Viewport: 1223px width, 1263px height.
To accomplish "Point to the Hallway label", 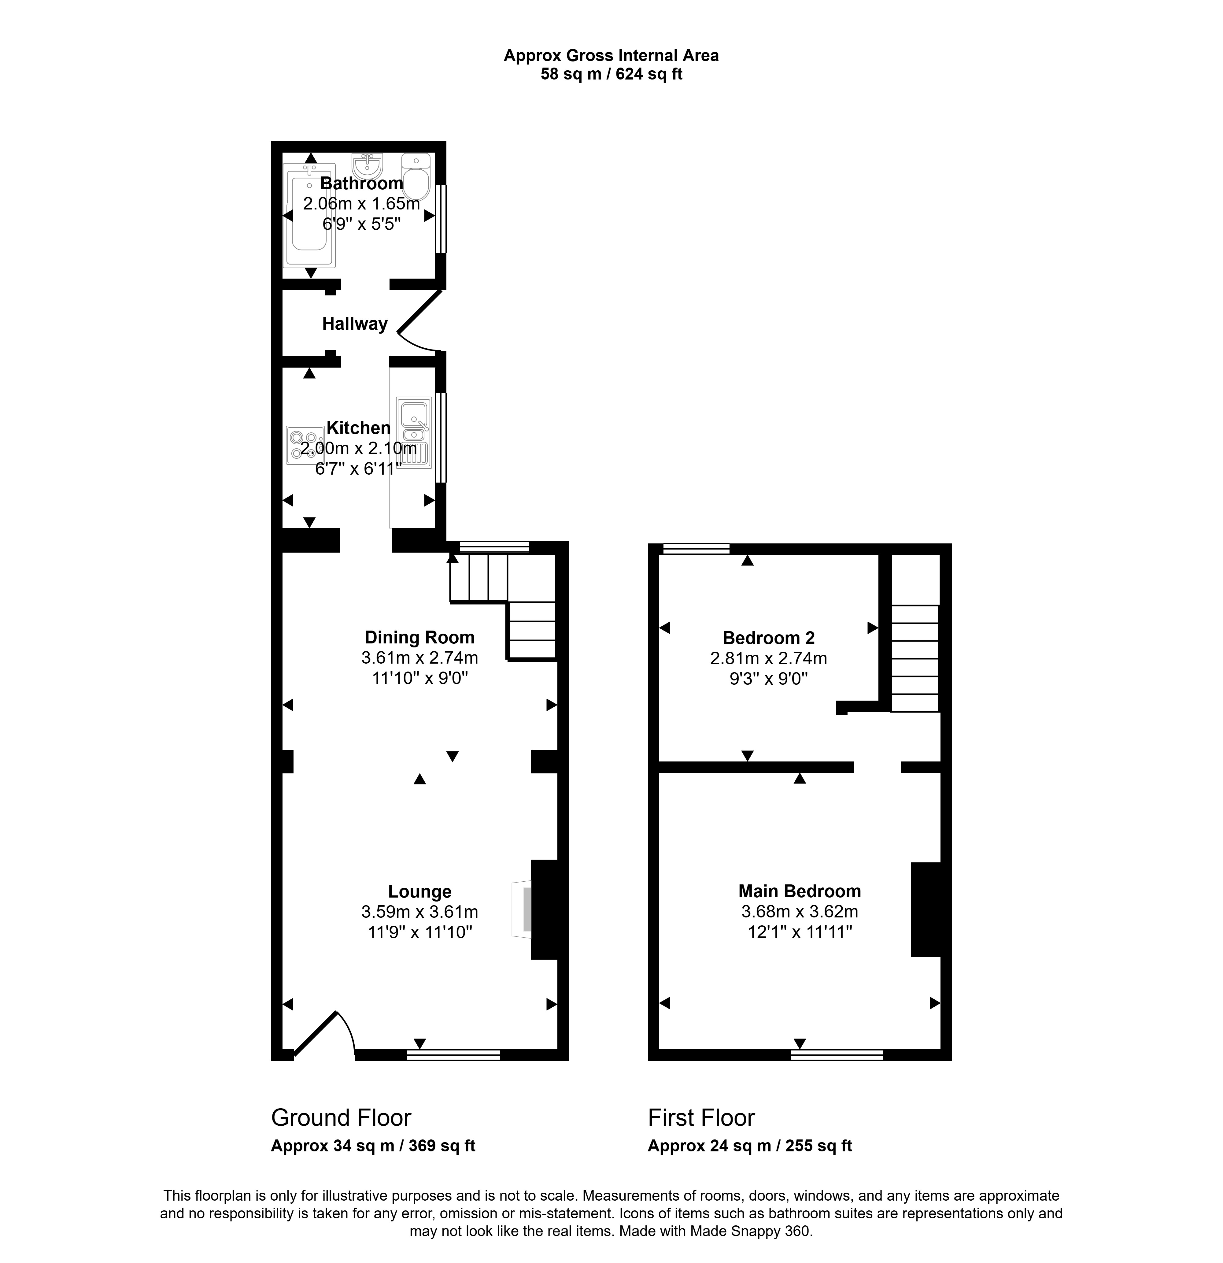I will tap(354, 324).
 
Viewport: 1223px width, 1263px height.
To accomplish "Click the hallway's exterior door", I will tap(420, 316).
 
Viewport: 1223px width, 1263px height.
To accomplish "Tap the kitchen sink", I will tap(414, 432).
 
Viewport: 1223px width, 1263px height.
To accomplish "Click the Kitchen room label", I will tap(358, 428).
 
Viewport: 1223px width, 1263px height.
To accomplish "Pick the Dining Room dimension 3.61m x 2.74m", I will tap(419, 658).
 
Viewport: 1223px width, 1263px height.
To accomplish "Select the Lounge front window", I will tap(454, 1054).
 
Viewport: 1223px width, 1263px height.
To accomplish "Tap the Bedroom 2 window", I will tap(696, 549).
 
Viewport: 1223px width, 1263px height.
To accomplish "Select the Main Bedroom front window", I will tap(837, 1054).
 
